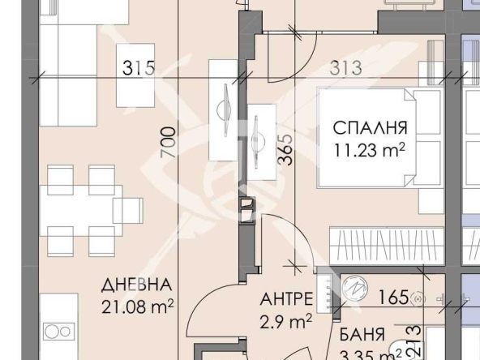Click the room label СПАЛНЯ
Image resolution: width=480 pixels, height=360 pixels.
[370, 129]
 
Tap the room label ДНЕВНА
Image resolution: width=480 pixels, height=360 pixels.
[136, 285]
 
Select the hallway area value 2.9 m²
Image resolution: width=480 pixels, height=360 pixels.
[285, 322]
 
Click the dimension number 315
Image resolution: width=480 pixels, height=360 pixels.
[139, 67]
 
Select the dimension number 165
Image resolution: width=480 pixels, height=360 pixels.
[394, 298]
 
